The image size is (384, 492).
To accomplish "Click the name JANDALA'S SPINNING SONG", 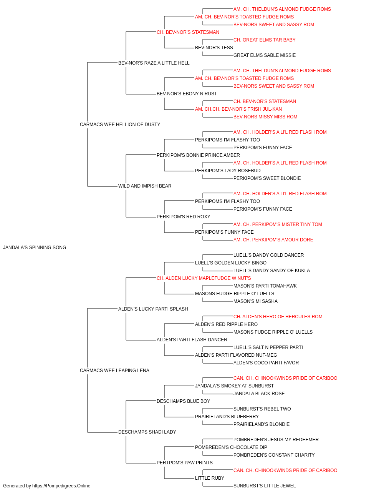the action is point(35,248).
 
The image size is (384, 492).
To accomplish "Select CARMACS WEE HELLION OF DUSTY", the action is point(120,125).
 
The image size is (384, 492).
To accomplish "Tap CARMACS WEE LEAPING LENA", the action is point(114,371).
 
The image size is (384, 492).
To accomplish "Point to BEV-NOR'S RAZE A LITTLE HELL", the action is point(154,63).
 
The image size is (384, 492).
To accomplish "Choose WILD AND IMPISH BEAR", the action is point(145,186).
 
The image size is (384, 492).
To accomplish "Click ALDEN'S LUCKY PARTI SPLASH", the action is point(153,309).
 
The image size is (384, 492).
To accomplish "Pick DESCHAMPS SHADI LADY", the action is point(147,432).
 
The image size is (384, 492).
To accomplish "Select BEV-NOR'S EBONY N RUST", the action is point(187,94).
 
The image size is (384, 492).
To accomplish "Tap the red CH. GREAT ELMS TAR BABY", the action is point(264,40).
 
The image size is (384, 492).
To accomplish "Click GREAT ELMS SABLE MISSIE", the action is point(264,55).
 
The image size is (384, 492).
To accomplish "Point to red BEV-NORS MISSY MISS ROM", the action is point(265,117).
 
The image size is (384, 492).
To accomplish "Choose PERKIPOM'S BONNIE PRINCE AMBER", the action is point(198,155).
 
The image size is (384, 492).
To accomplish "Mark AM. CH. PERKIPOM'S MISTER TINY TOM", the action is point(278,224).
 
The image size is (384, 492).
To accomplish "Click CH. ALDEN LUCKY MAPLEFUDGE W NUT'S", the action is point(204,278).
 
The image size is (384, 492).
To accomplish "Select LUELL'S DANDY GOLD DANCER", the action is point(268,255).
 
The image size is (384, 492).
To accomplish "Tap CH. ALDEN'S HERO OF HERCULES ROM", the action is point(278,317).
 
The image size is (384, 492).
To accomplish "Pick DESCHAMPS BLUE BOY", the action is point(184,401).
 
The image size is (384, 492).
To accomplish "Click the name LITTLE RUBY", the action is point(209,478).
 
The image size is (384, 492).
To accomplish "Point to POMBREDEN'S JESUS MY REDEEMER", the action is point(276,440).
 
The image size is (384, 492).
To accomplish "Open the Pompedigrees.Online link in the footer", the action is point(61,486).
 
